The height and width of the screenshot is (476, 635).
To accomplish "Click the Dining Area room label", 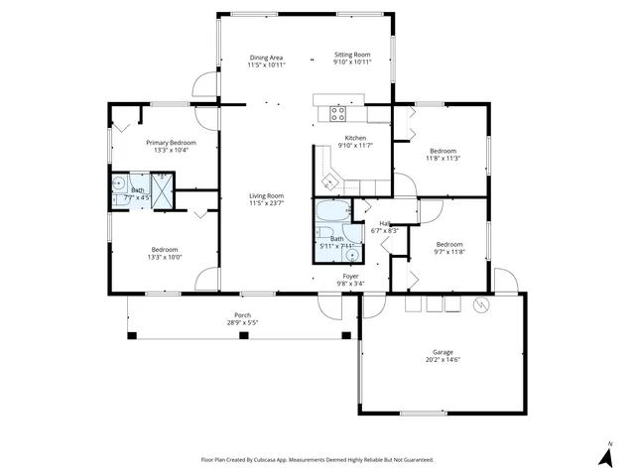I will coord(267,58).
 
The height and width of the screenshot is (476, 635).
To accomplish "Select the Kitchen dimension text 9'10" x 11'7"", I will coord(354,146).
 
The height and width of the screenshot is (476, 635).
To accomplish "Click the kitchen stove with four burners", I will coord(337,113).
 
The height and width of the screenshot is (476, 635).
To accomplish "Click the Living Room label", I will coord(267,195).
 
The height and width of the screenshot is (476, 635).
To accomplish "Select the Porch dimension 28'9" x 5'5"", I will coord(243,322).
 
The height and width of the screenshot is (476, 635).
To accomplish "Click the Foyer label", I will coord(351,276).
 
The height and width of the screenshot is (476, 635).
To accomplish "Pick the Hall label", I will coord(384,223).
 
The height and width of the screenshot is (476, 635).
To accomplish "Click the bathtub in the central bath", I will coord(329,210).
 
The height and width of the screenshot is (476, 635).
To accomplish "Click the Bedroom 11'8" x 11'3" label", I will coord(443,150).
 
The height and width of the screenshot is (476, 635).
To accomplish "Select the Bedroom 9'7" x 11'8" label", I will coord(449,244).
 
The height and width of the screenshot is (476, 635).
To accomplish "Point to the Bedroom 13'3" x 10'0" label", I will coord(165,249).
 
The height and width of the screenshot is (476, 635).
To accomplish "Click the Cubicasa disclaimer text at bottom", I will coord(317,460).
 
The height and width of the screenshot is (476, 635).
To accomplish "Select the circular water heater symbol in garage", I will coord(481,304).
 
